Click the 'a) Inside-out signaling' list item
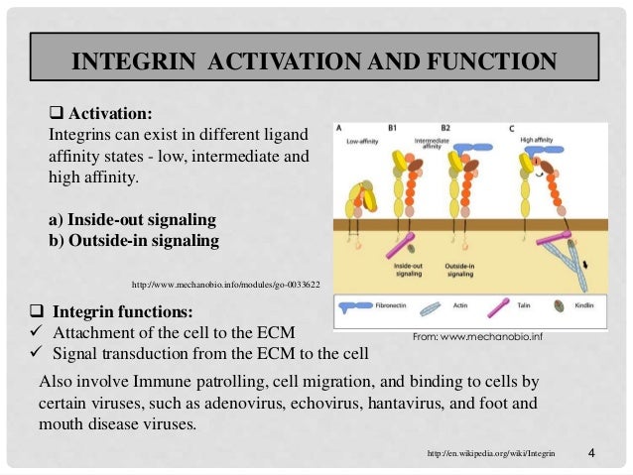[132, 219]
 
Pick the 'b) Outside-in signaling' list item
[134, 240]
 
